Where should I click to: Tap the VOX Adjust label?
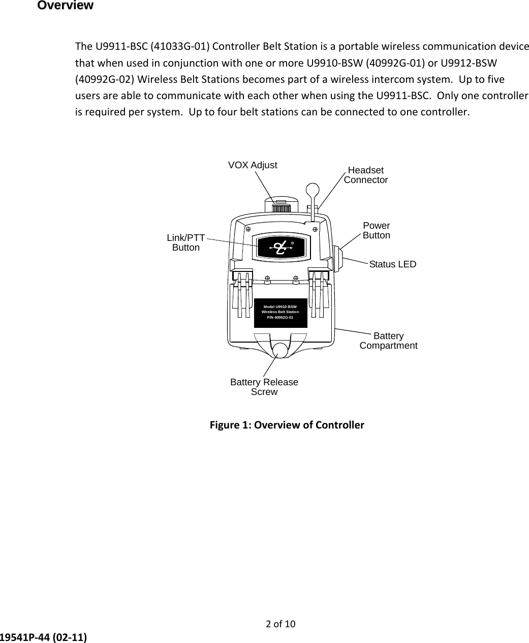253,165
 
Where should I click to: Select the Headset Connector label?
366,175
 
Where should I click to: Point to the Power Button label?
377,230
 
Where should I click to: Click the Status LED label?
393,264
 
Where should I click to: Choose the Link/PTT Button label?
186,243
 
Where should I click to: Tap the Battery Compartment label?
389,341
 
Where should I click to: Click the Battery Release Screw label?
264,387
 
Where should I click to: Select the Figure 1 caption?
287,424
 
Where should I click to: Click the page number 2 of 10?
281,624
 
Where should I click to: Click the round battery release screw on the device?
280,350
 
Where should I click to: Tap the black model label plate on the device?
281,313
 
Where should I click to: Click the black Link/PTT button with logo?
283,247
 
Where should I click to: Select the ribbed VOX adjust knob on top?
281,208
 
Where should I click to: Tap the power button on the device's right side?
337,258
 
